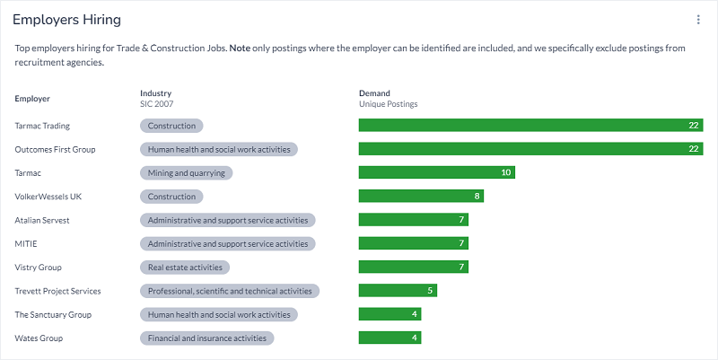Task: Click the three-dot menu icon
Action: (x=698, y=20)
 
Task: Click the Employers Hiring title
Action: (x=67, y=20)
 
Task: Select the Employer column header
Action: (x=32, y=98)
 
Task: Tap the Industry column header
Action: (x=155, y=93)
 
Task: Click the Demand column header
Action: (x=374, y=93)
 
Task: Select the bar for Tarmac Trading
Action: (x=530, y=126)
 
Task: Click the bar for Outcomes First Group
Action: (x=530, y=149)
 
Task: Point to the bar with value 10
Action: (x=437, y=172)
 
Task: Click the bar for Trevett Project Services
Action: (x=398, y=291)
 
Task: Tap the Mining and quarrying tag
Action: (x=187, y=172)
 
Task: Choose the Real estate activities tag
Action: (x=185, y=268)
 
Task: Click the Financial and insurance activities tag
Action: (x=206, y=338)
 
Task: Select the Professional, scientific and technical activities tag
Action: (x=230, y=291)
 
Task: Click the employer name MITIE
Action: (x=26, y=244)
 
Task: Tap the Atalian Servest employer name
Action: (x=42, y=220)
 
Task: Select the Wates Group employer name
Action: (x=39, y=338)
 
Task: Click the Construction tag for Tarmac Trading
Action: (x=171, y=126)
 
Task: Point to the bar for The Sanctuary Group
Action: (x=390, y=314)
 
